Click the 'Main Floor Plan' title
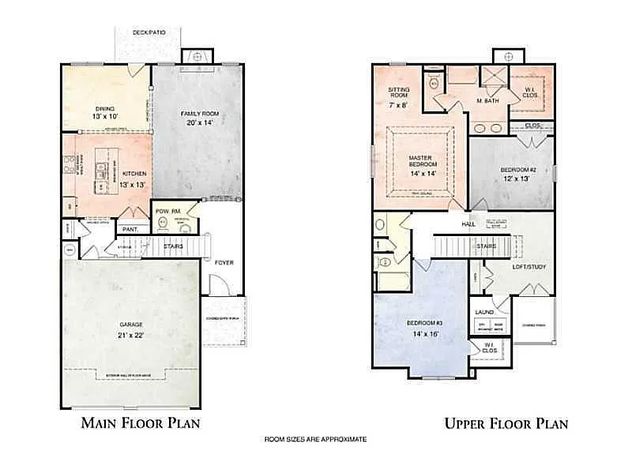pos(141,422)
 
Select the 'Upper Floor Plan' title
pos(506,423)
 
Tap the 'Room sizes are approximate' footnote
pos(315,439)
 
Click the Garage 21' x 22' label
pos(131,329)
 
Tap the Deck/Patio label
pos(148,33)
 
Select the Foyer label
pos(224,261)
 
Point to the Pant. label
pos(129,230)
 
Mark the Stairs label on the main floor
pos(173,246)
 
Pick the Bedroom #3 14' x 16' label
pos(423,329)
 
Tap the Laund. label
pos(484,312)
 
